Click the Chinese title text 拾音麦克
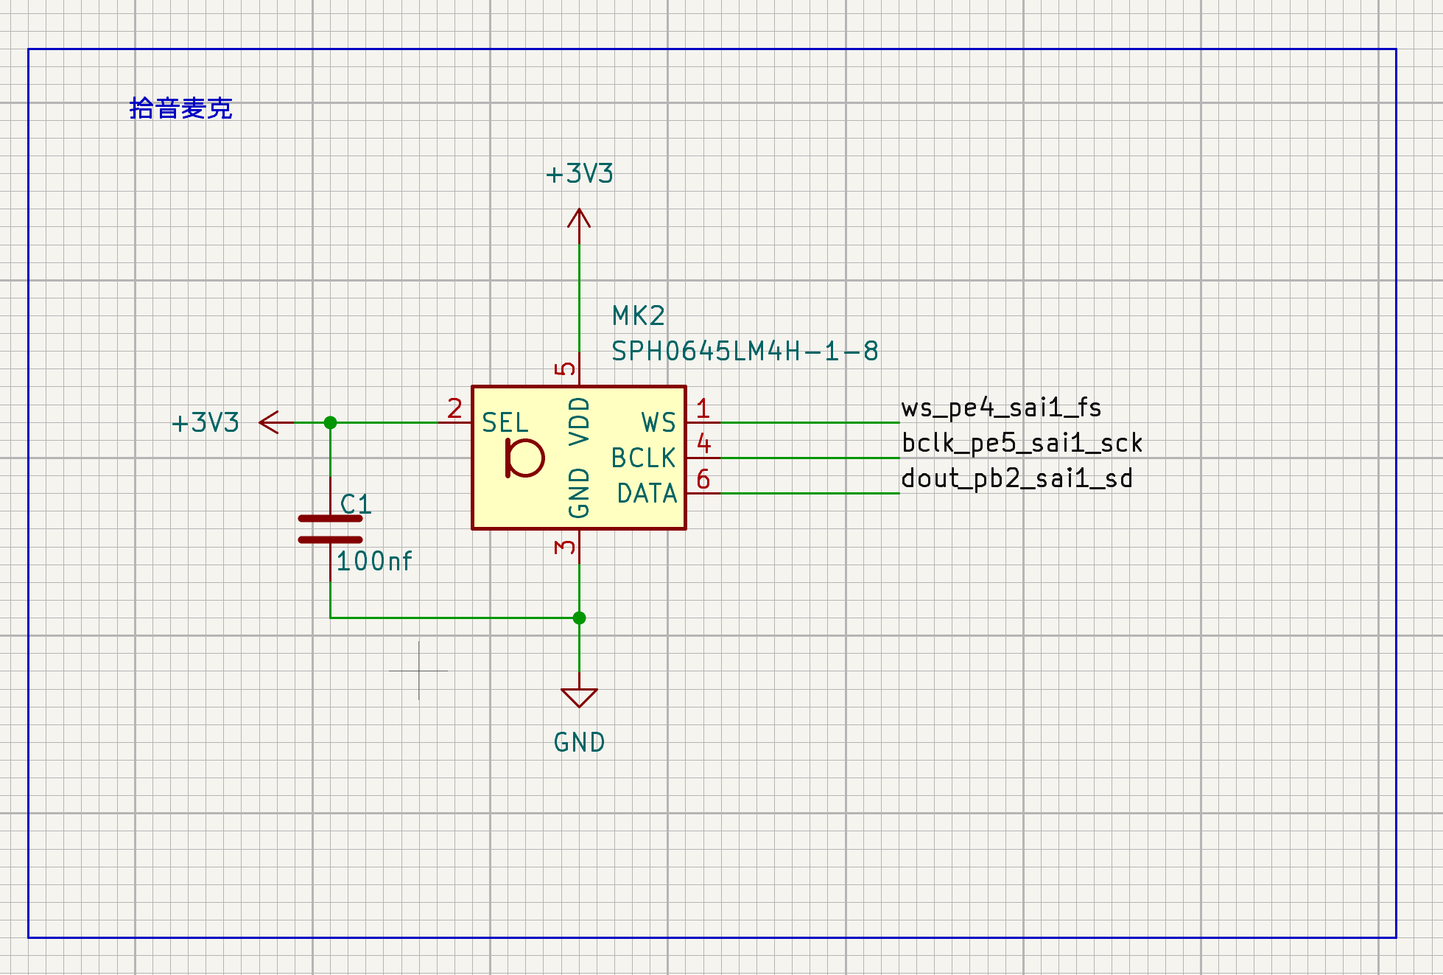pos(180,108)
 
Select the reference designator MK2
pos(639,316)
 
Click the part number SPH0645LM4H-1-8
pos(745,352)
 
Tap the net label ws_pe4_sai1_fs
pos(1001,408)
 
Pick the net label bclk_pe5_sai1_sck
pos(1022,443)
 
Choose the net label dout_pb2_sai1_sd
pos(1017,478)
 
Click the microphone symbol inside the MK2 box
pos(524,458)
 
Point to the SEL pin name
pos(505,423)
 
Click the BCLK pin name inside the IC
pos(643,458)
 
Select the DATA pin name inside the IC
pos(647,494)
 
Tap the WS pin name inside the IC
pos(659,423)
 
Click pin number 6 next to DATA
pos(703,480)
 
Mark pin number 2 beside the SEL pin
pos(454,408)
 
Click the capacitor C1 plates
pos(330,529)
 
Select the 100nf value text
pos(374,562)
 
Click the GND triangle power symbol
pos(579,697)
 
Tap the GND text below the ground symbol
pos(579,742)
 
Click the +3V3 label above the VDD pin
pos(579,174)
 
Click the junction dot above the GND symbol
pos(579,618)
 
